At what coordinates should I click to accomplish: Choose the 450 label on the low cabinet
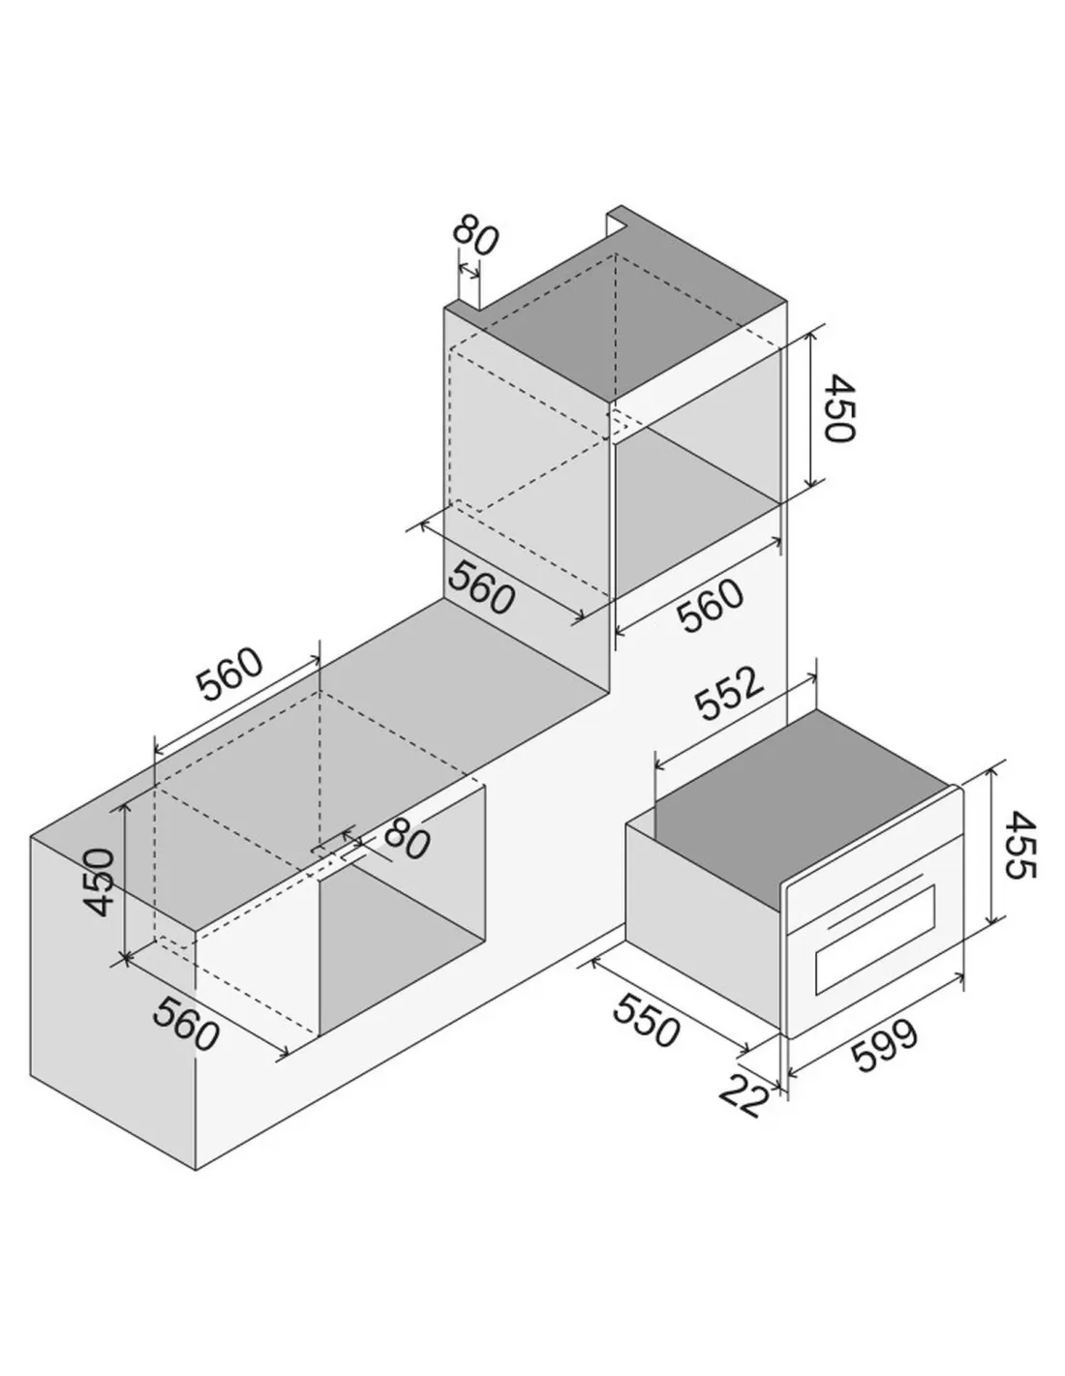tap(100, 882)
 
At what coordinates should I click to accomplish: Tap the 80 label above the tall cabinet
tap(475, 235)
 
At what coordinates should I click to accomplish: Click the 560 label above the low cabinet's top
tap(228, 674)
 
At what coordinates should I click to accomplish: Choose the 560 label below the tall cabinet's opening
tap(710, 605)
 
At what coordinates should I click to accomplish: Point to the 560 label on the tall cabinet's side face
tap(480, 588)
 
